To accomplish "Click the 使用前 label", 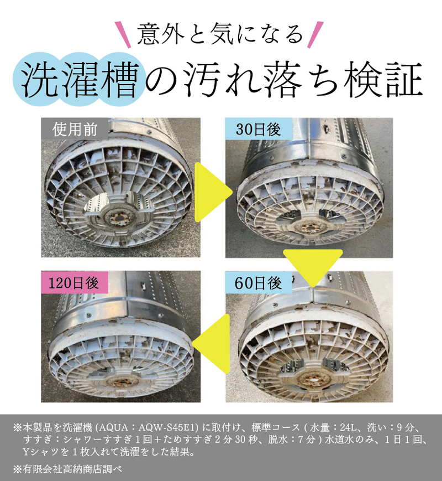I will [75, 131].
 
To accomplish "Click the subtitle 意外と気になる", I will [220, 34].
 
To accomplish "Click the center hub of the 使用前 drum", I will [117, 215].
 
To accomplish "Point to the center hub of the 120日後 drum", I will [119, 381].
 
